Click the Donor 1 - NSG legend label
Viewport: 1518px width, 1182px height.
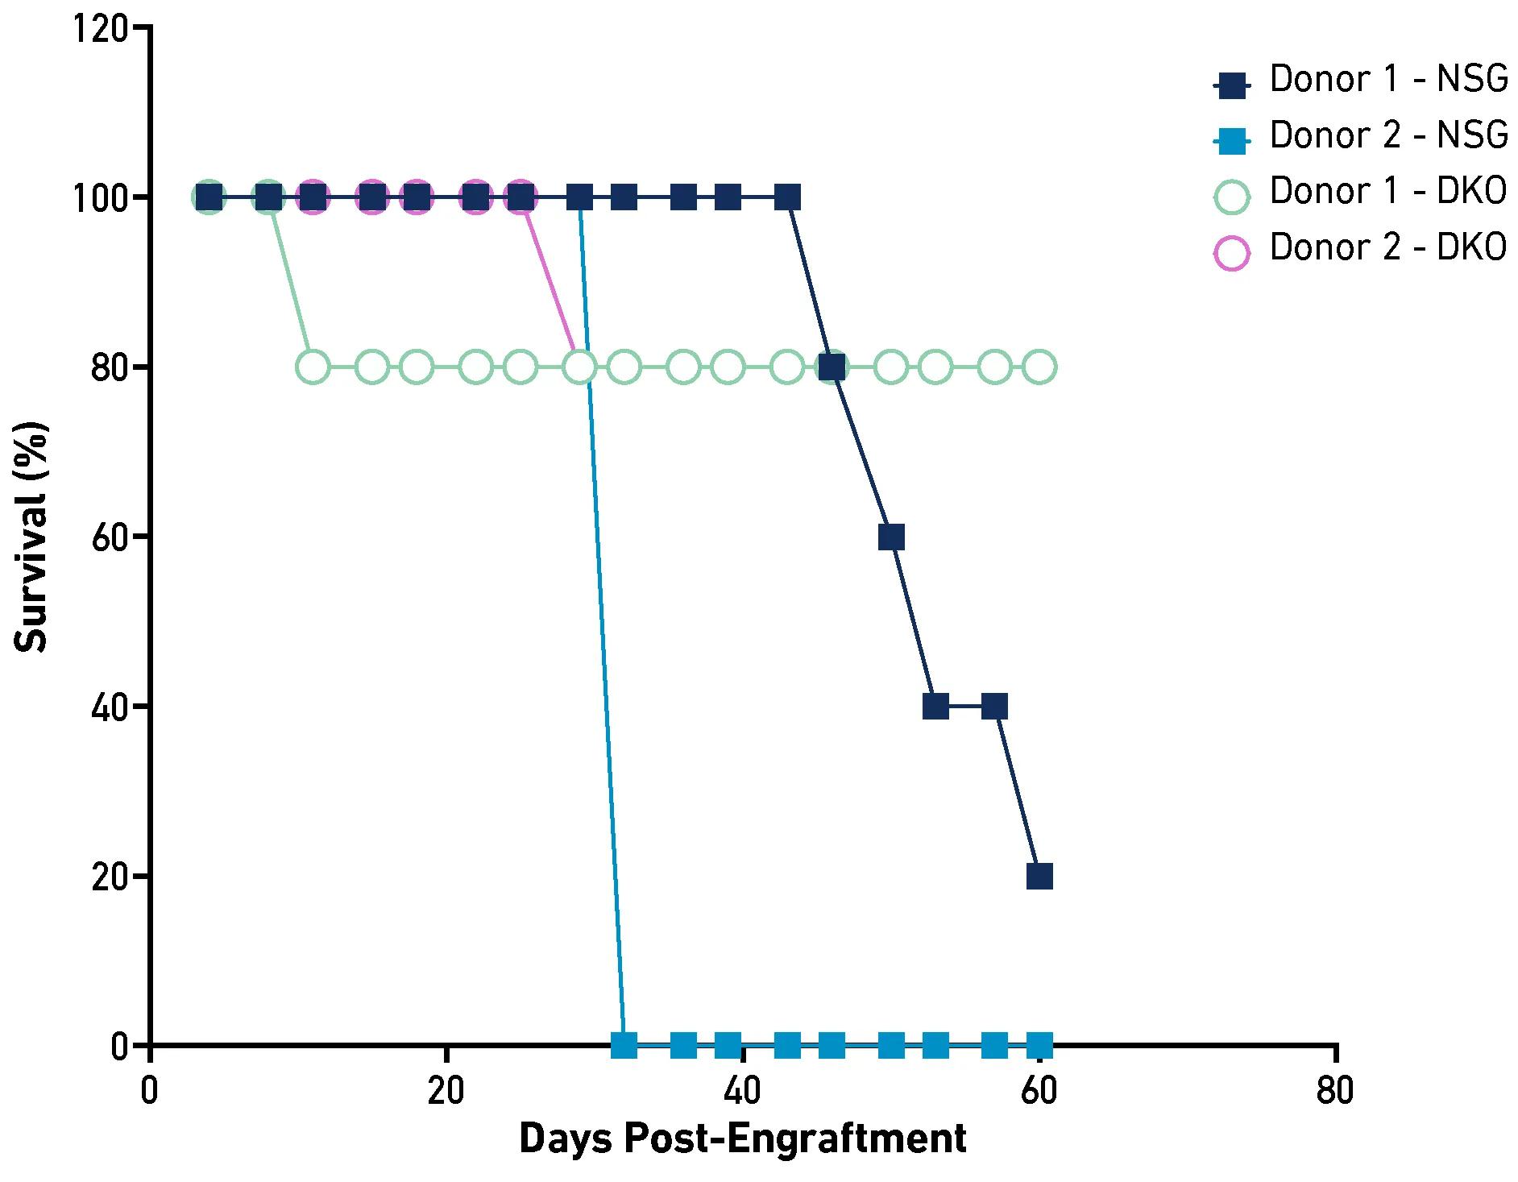(x=1387, y=80)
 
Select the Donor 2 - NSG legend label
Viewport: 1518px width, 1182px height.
(x=1387, y=135)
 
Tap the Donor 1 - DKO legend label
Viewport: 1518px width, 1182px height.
(x=1387, y=192)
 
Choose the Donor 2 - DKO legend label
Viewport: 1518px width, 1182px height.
(x=1387, y=247)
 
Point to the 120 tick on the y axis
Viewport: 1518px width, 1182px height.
(x=99, y=29)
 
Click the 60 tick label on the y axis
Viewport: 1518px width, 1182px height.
(x=109, y=537)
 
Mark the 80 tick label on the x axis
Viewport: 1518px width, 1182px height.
(x=1335, y=1092)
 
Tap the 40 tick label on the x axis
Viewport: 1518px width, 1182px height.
(x=742, y=1092)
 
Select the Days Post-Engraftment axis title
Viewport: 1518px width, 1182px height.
(x=742, y=1139)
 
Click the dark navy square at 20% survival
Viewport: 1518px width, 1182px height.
(x=1039, y=876)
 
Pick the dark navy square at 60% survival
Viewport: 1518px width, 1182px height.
(x=891, y=537)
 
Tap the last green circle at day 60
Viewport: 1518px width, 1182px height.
(x=1039, y=367)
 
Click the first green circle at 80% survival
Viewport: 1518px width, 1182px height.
(x=313, y=367)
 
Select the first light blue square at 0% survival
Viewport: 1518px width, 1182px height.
(x=624, y=1046)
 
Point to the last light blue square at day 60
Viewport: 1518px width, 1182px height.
(x=1039, y=1046)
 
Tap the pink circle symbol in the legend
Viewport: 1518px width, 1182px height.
(x=1231, y=253)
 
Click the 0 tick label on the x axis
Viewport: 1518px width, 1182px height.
(x=150, y=1092)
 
